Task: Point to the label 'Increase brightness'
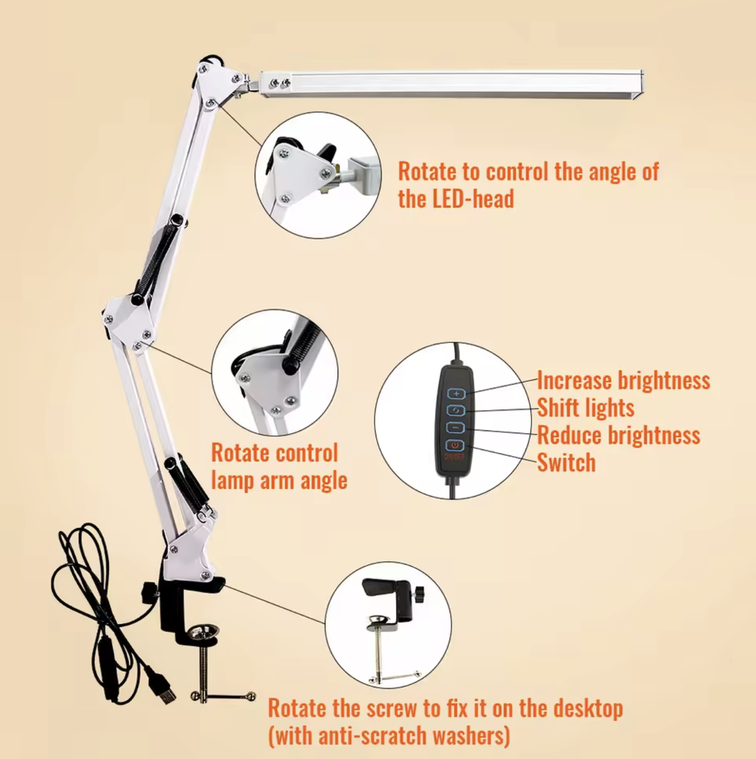tap(623, 380)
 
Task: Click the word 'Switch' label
tap(566, 463)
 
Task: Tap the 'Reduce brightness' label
tap(618, 436)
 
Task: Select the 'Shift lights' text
tap(585, 408)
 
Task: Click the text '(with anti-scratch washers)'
tap(389, 736)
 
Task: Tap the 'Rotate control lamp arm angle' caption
tap(278, 467)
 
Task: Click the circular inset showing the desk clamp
tap(388, 626)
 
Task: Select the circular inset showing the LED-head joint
tap(318, 175)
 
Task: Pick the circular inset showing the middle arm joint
tap(275, 372)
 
